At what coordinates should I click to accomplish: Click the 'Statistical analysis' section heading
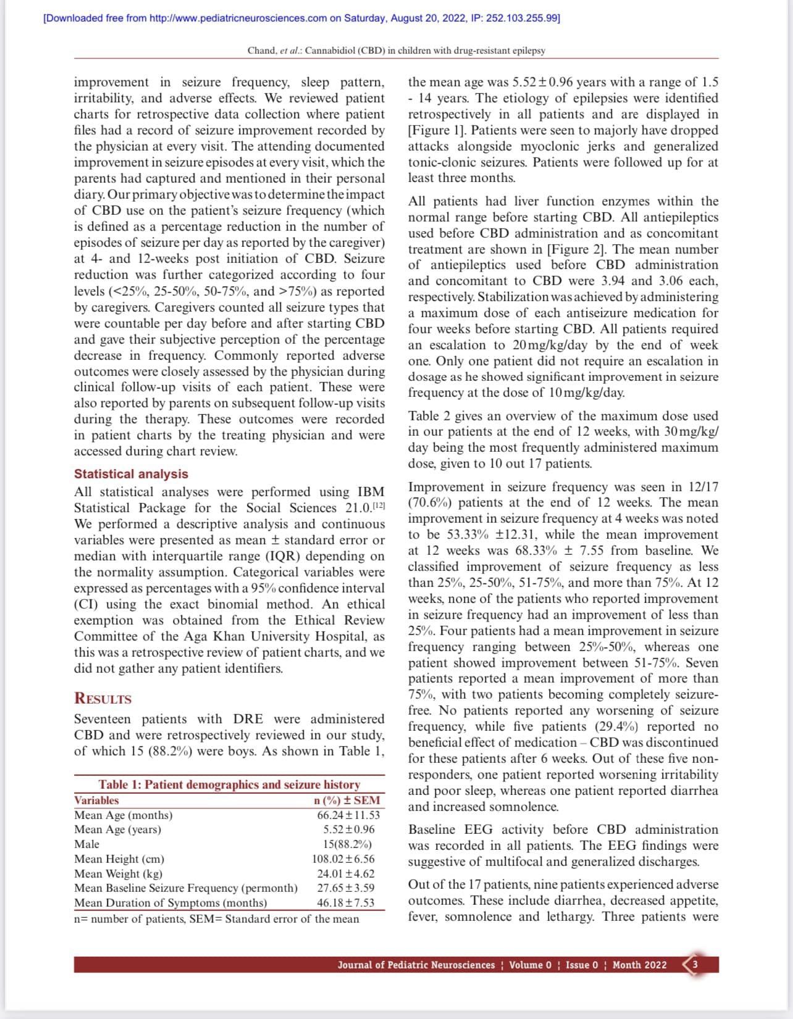pos(131,474)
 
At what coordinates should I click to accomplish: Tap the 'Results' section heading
pos(103,699)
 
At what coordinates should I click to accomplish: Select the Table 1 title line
pos(229,784)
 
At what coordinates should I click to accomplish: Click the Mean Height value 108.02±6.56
pos(343,859)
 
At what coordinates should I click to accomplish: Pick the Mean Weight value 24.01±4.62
pos(346,873)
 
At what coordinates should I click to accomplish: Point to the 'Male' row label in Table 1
pos(86,844)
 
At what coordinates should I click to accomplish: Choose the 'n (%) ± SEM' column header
pos(347,801)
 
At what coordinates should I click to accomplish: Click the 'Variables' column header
pos(96,801)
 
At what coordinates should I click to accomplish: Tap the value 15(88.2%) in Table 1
pos(347,844)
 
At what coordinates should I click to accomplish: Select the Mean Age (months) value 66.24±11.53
pos(348,815)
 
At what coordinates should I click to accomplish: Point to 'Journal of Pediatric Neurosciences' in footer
pos(416,965)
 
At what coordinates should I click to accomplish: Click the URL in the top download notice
pos(238,18)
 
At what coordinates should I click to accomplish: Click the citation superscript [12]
pos(378,505)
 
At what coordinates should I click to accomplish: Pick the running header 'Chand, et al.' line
pos(396,50)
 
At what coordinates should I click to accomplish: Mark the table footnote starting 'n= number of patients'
pos(216,919)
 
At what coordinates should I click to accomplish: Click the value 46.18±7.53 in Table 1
pos(346,902)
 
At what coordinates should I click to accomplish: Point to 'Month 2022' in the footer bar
pos(639,965)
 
